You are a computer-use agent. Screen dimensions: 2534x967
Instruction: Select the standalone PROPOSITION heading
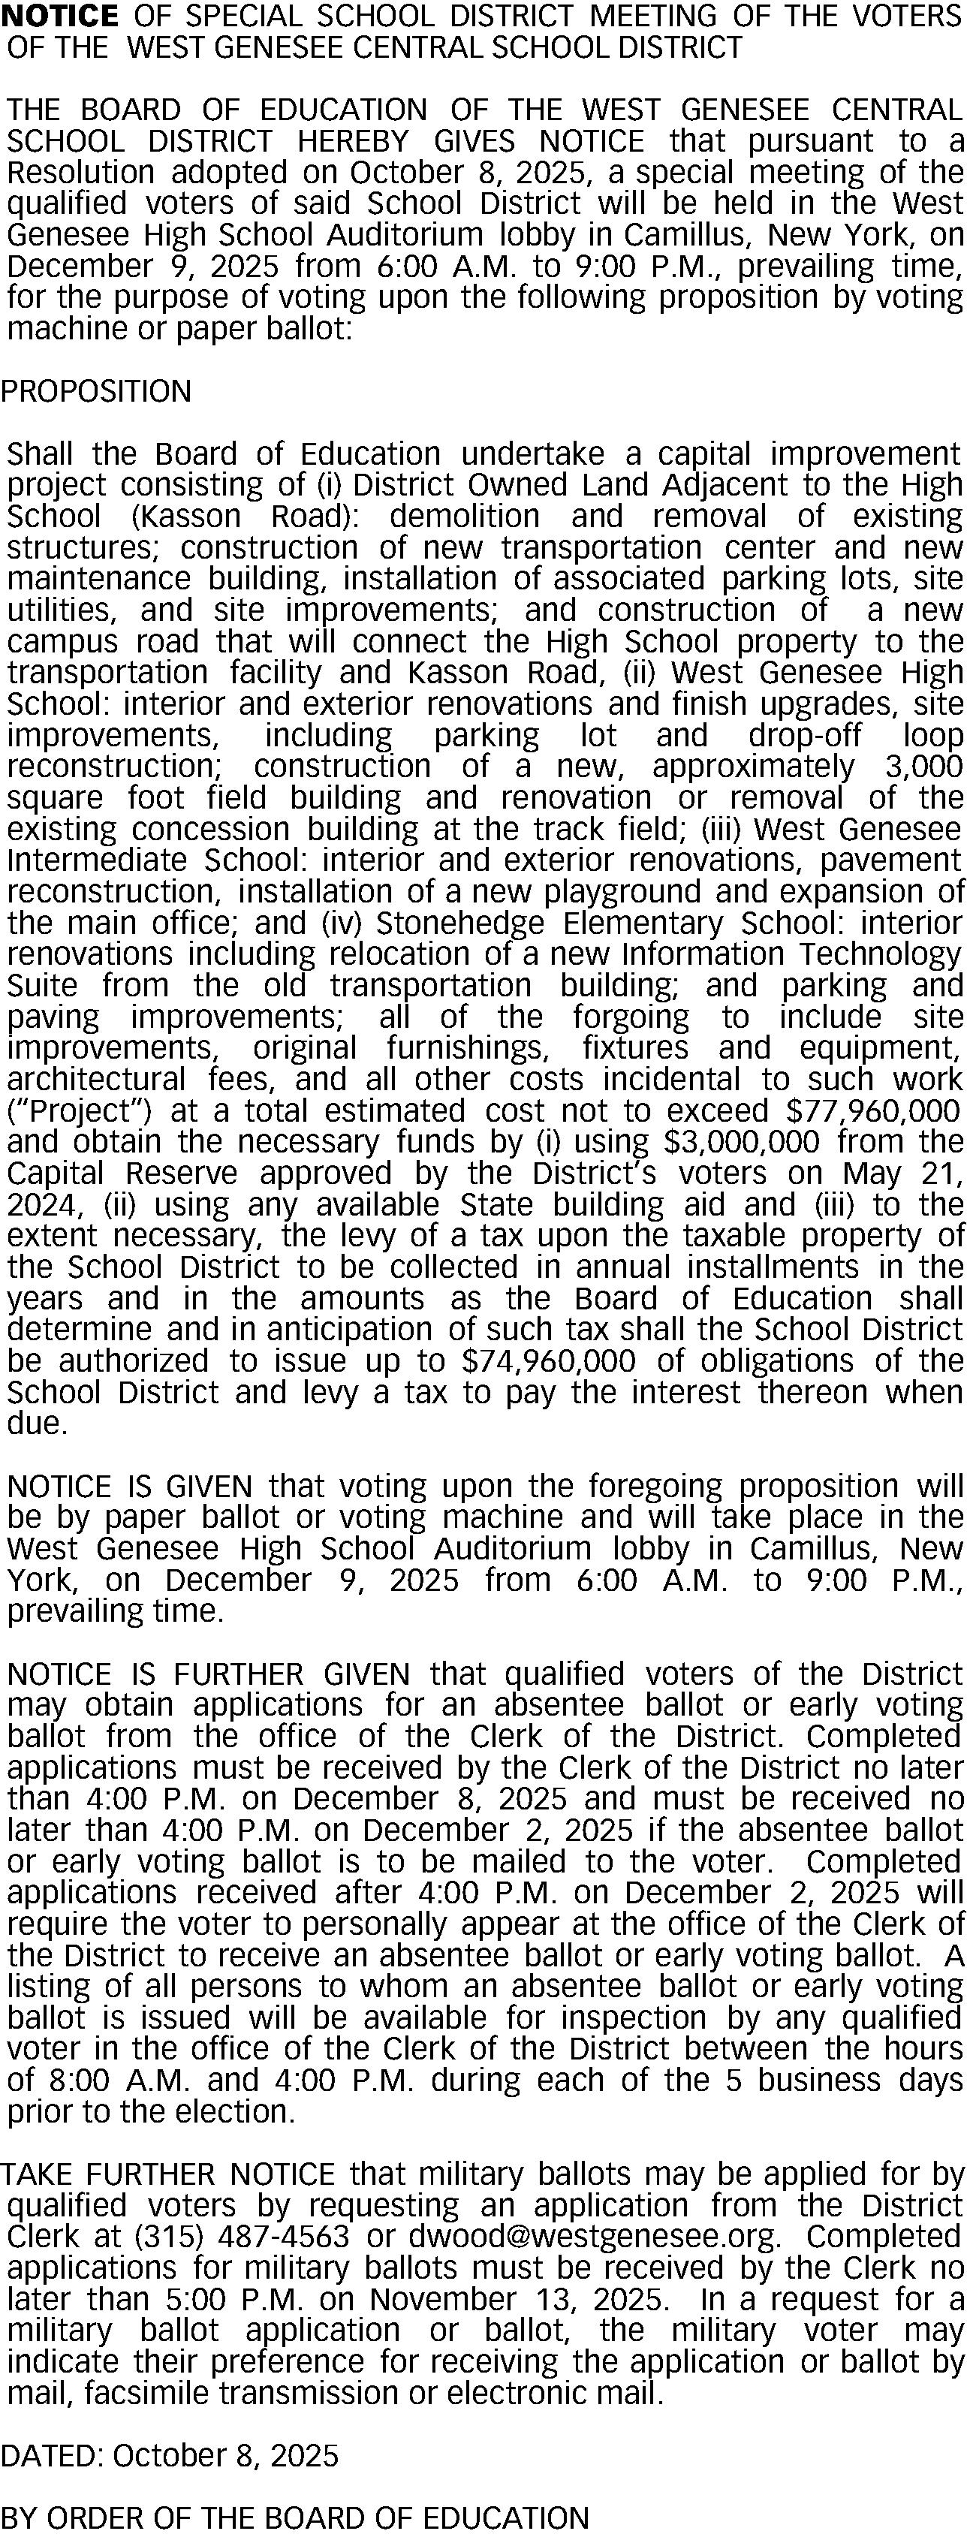pos(96,391)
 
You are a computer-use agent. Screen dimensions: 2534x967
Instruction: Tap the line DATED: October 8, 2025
pos(169,2456)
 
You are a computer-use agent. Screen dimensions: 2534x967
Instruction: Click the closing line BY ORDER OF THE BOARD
pos(295,2518)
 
